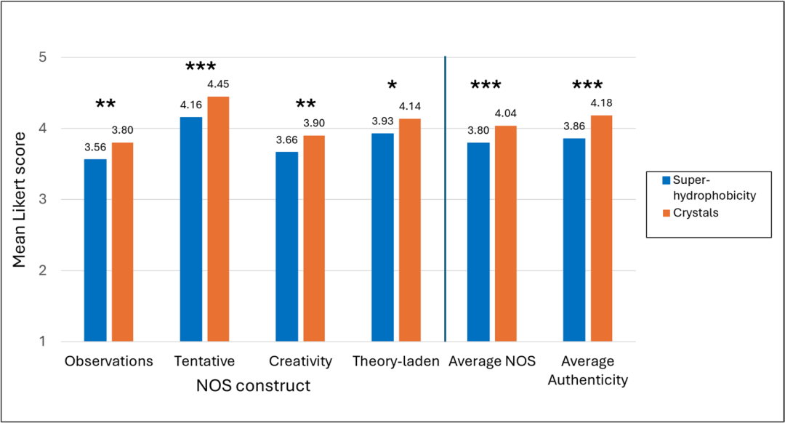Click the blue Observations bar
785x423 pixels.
point(95,250)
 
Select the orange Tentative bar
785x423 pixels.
point(218,219)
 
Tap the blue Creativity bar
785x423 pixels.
point(287,247)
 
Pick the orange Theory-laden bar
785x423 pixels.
point(409,230)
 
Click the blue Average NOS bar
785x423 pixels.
point(478,242)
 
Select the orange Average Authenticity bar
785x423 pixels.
point(601,229)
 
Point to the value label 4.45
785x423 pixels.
point(218,84)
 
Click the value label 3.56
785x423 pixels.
point(95,147)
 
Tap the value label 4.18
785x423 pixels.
point(601,103)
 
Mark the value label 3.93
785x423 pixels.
point(382,121)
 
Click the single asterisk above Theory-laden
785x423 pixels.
point(392,86)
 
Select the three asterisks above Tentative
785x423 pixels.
point(201,66)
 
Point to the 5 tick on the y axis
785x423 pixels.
point(43,57)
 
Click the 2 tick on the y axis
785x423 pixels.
point(43,271)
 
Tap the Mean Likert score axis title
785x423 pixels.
point(19,200)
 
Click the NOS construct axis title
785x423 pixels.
point(254,385)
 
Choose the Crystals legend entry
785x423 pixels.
point(691,213)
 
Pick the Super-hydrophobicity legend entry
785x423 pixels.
point(709,188)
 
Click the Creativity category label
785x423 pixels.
point(300,361)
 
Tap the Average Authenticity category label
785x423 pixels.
point(588,371)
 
